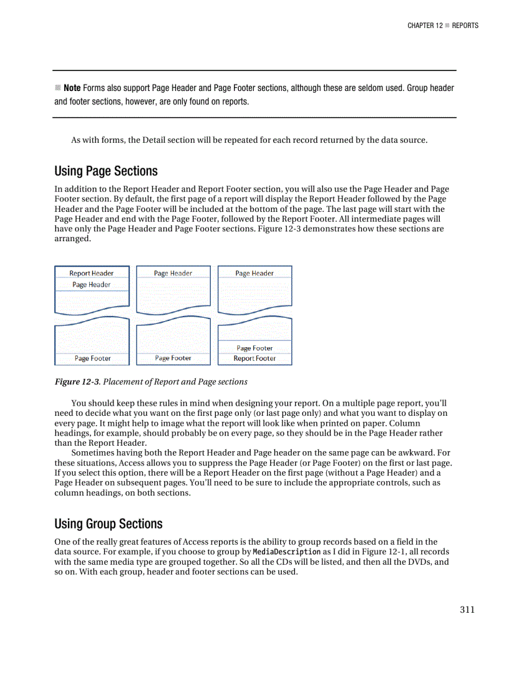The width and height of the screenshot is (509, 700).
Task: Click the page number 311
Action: click(x=467, y=610)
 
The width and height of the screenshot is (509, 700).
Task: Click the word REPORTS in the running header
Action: click(x=465, y=26)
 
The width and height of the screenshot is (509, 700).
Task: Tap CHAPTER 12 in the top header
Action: click(x=425, y=26)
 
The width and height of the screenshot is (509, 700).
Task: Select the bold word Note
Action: click(x=72, y=88)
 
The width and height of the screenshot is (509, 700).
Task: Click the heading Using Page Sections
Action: click(x=106, y=171)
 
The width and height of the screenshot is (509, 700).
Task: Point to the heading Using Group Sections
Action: click(x=109, y=524)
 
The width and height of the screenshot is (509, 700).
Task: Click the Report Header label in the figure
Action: click(x=91, y=273)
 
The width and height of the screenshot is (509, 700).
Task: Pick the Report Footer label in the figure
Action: click(x=254, y=358)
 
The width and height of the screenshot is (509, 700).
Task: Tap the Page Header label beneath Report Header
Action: click(x=91, y=285)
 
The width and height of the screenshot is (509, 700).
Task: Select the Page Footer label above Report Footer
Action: click(x=254, y=348)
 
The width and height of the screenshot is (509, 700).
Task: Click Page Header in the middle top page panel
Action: click(x=173, y=273)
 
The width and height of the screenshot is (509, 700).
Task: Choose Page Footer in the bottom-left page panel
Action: click(x=92, y=358)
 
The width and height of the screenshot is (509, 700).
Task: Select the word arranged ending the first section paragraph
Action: click(x=72, y=239)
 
